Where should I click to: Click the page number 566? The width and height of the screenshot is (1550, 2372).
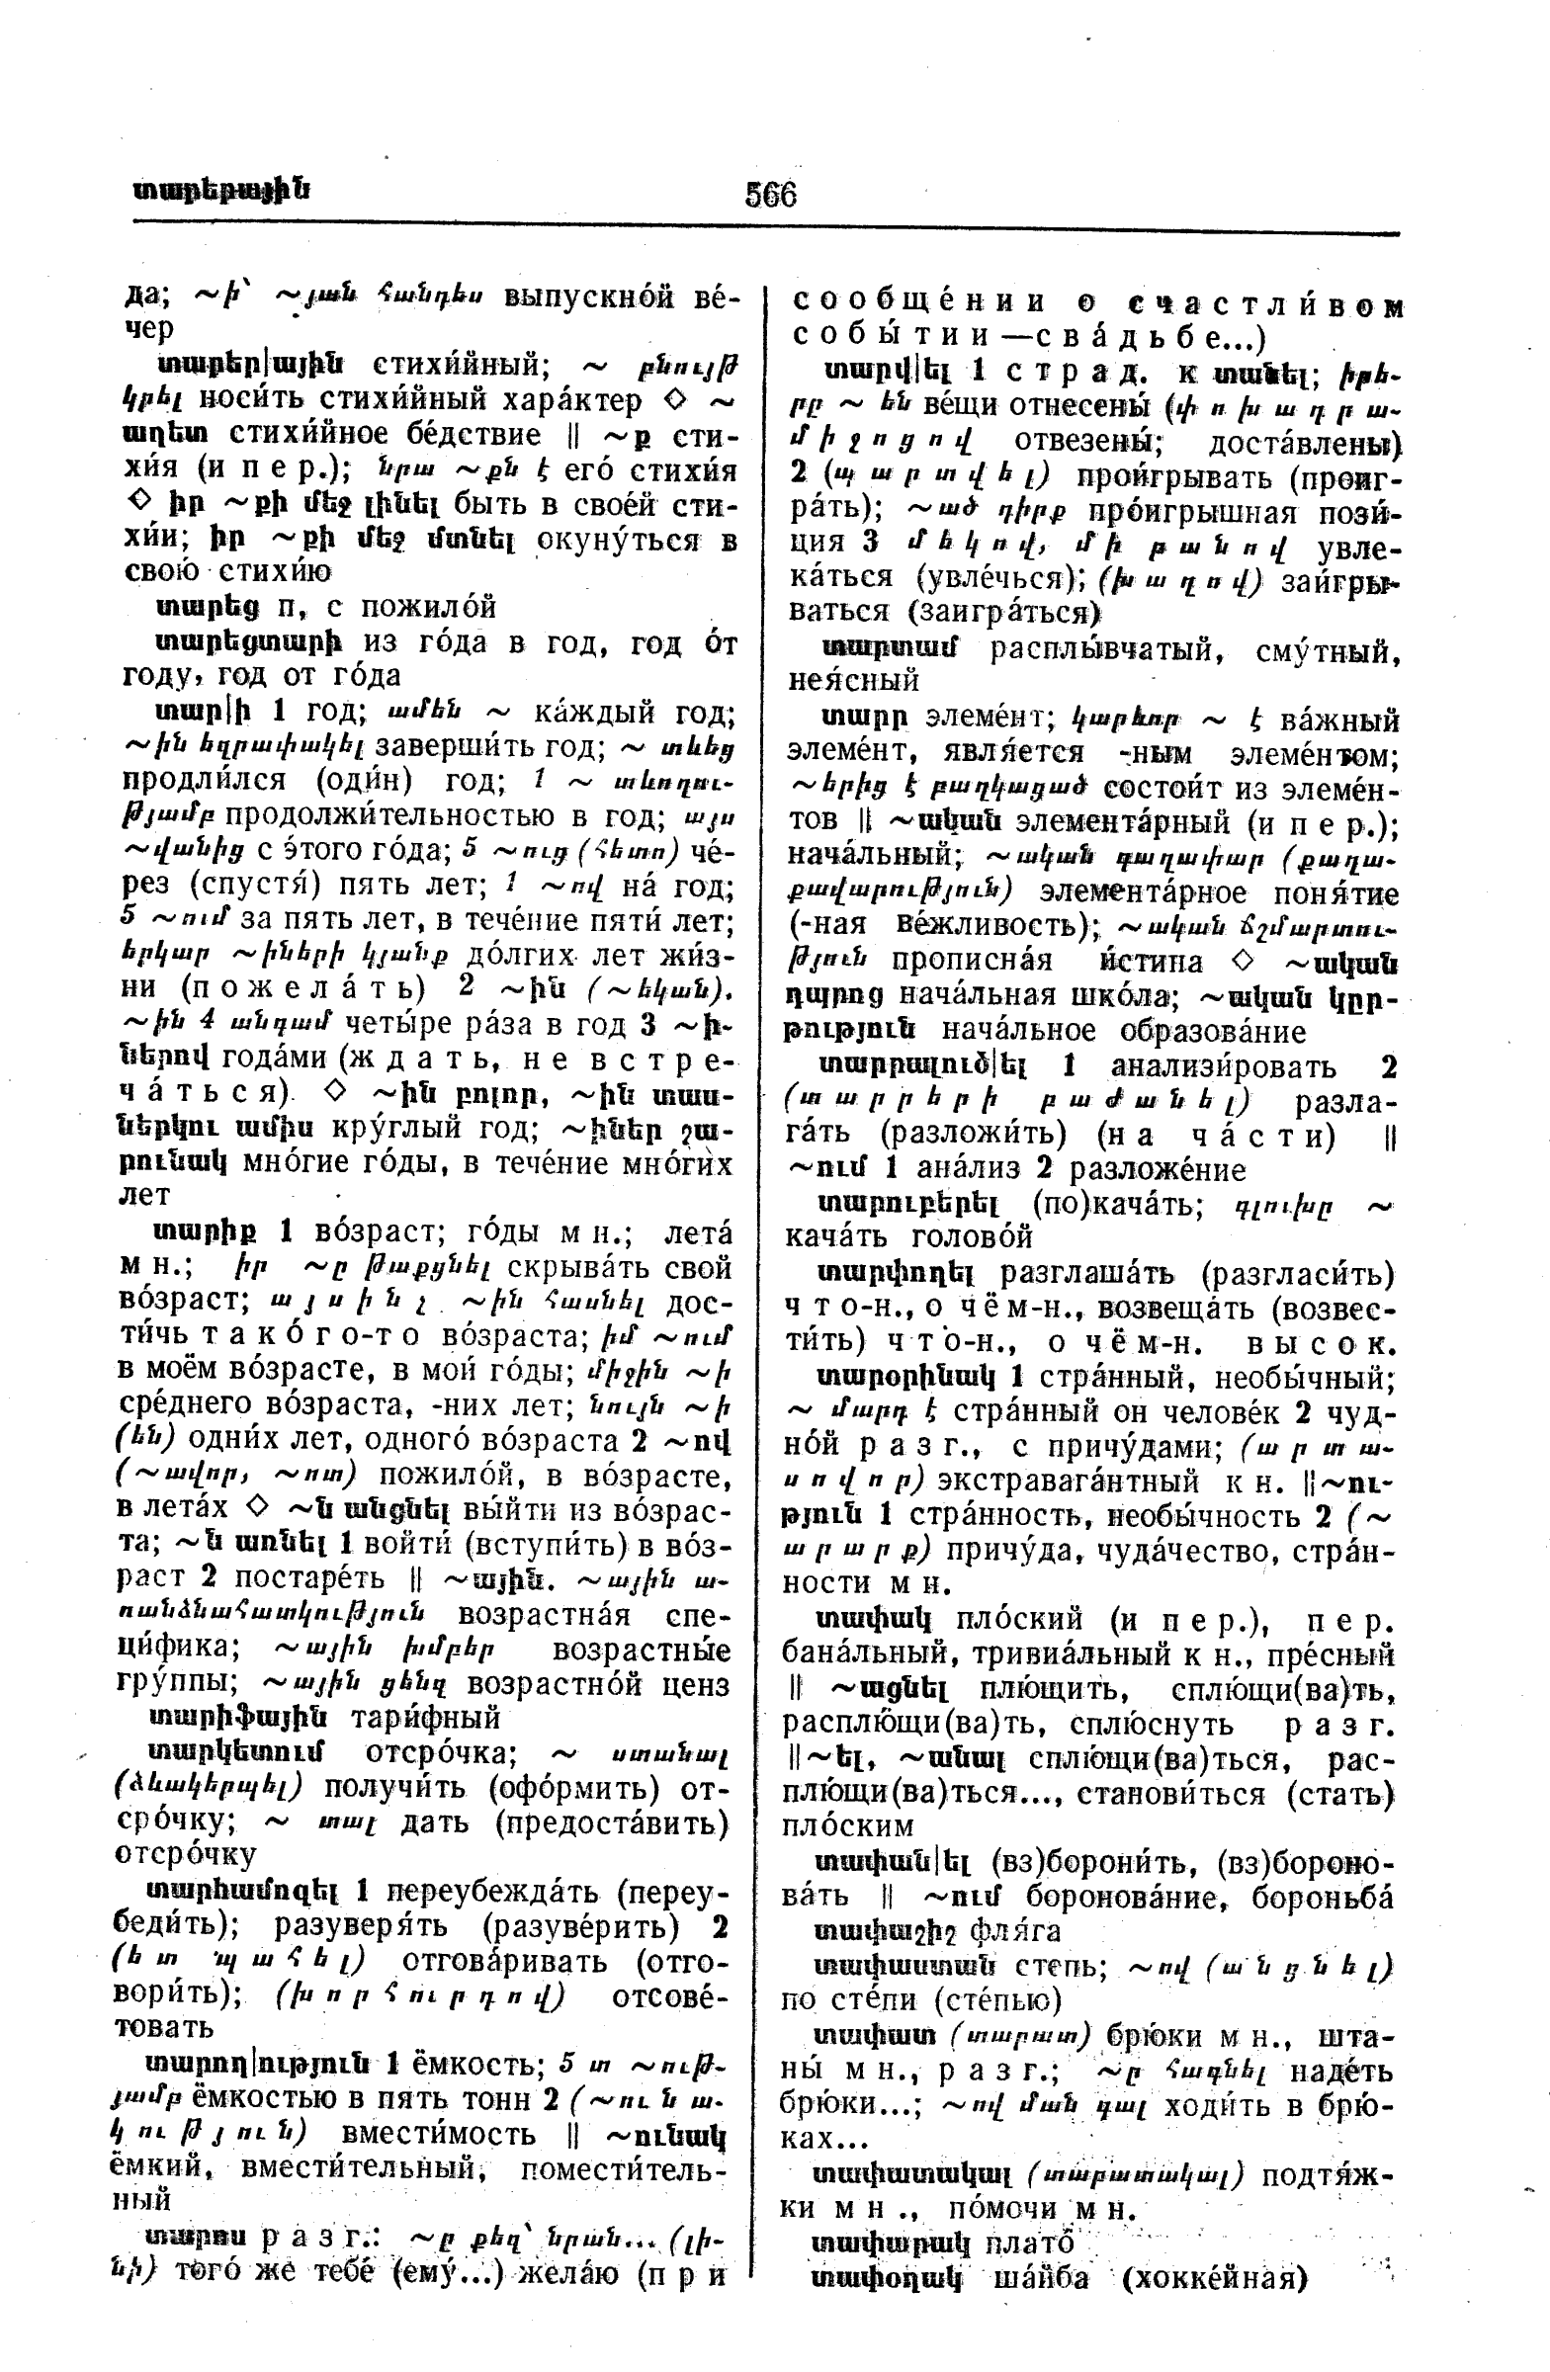(770, 194)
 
